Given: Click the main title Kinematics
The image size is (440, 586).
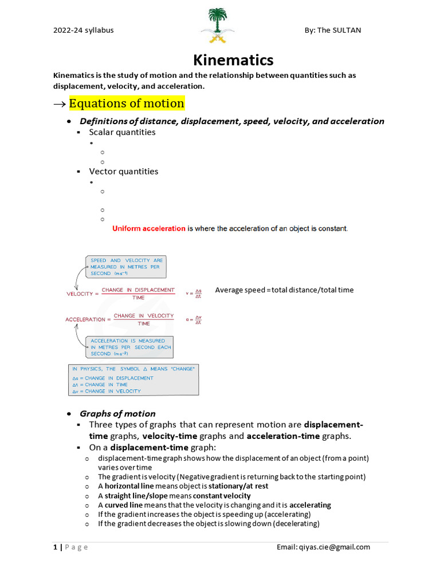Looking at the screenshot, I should coord(233,60).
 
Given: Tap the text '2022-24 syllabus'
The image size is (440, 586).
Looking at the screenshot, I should coord(83,30).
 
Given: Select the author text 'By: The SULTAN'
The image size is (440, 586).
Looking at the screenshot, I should coord(333,30).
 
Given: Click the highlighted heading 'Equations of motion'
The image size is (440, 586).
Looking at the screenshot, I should coord(127,104).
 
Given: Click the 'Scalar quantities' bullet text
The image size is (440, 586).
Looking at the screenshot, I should coord(122,132).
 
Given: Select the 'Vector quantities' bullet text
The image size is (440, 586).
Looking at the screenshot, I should coord(123,171).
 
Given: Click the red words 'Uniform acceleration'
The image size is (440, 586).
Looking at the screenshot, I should coord(149,229).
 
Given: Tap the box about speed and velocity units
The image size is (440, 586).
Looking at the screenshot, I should coord(127,267).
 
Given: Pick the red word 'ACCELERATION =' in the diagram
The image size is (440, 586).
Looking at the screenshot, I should coord(85,320).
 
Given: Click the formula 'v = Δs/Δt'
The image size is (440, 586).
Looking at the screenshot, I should coord(194,294).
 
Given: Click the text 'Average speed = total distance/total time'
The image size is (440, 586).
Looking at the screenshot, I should coord(284,290).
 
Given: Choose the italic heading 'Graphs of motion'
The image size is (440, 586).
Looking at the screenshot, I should coord(117,414).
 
